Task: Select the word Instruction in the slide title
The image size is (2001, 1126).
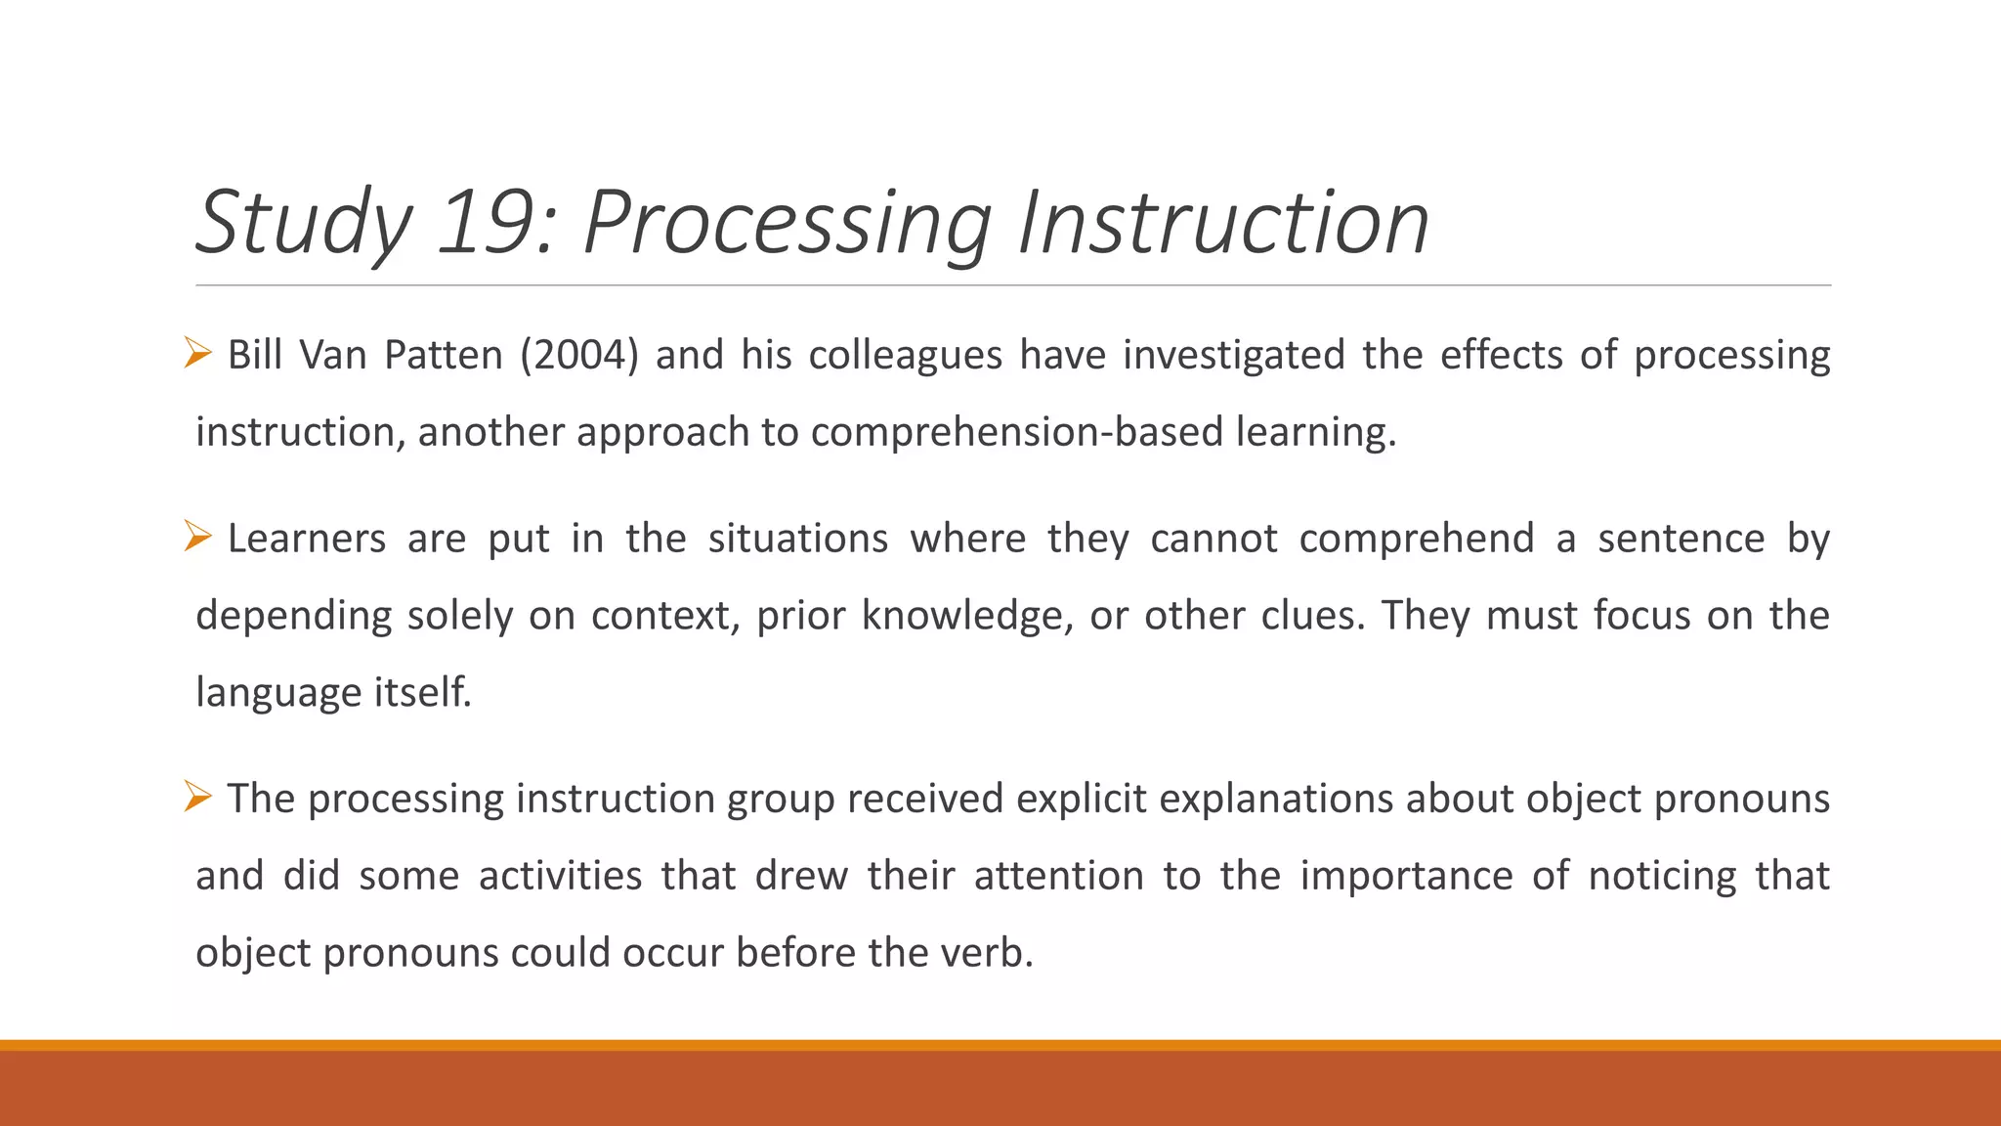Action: click(x=1223, y=223)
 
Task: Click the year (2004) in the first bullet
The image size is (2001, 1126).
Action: click(x=578, y=355)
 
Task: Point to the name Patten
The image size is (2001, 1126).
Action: click(x=444, y=355)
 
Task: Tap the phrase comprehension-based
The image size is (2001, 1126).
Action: click(x=1017, y=432)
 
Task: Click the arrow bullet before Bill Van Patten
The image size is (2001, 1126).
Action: click(x=197, y=353)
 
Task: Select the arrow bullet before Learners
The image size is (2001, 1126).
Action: click(x=197, y=537)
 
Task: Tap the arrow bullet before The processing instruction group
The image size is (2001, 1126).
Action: click(x=197, y=797)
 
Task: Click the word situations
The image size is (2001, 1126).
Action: click(x=797, y=539)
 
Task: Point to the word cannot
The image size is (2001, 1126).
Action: click(x=1213, y=539)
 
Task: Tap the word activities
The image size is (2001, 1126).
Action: click(x=560, y=876)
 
